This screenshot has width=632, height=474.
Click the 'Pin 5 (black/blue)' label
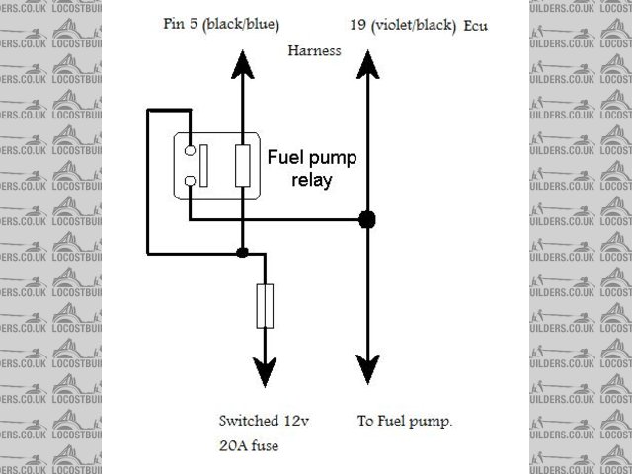[220, 22]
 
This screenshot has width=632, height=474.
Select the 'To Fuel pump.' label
[404, 421]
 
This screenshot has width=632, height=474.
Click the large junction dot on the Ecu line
[367, 219]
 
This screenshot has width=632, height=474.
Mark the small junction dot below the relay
[243, 253]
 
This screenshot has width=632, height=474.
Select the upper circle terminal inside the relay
[188, 150]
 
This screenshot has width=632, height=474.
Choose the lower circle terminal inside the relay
[188, 180]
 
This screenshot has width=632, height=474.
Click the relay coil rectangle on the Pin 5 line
[243, 165]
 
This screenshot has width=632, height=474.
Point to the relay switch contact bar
[202, 165]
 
